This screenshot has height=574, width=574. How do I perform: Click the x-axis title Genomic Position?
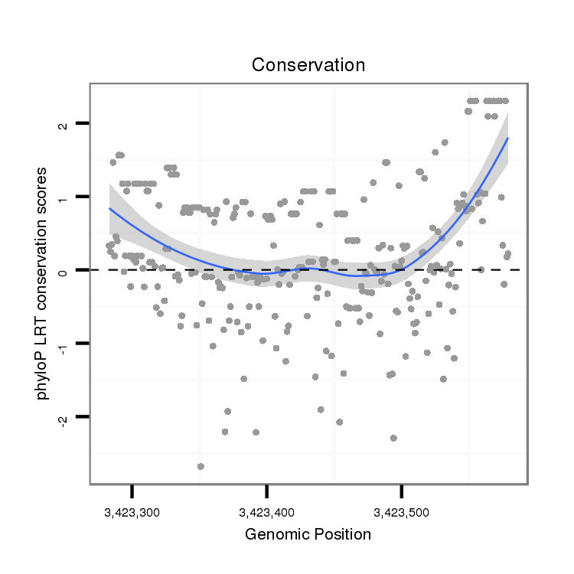(308, 534)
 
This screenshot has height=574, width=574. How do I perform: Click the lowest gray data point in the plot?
(201, 466)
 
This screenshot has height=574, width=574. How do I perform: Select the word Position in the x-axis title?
(341, 534)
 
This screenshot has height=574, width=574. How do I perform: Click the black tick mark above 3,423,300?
(132, 491)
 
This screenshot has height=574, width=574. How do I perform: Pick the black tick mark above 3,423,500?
(402, 491)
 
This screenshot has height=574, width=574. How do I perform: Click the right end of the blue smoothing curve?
(507, 139)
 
